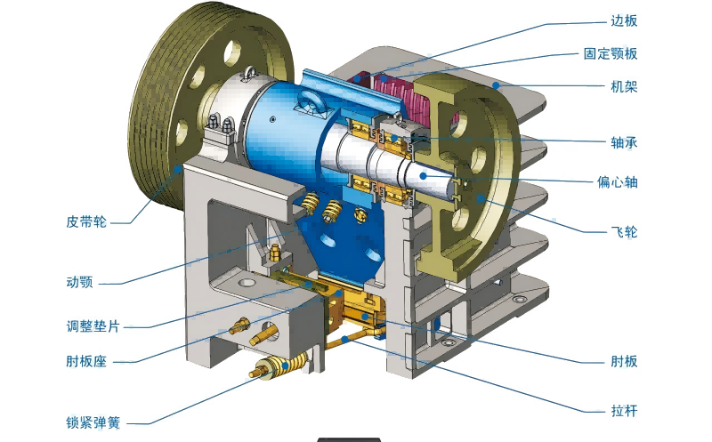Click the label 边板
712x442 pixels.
coord(624,20)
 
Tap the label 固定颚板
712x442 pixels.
coord(611,53)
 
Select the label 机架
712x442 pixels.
coord(624,86)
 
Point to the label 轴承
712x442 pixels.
coord(624,142)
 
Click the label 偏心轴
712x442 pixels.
coord(617,182)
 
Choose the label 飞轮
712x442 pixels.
coord(624,232)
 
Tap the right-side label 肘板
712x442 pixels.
coord(624,361)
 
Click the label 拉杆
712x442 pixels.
coord(624,411)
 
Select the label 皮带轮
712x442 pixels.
coord(86,222)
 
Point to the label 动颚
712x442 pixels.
coord(79,282)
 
